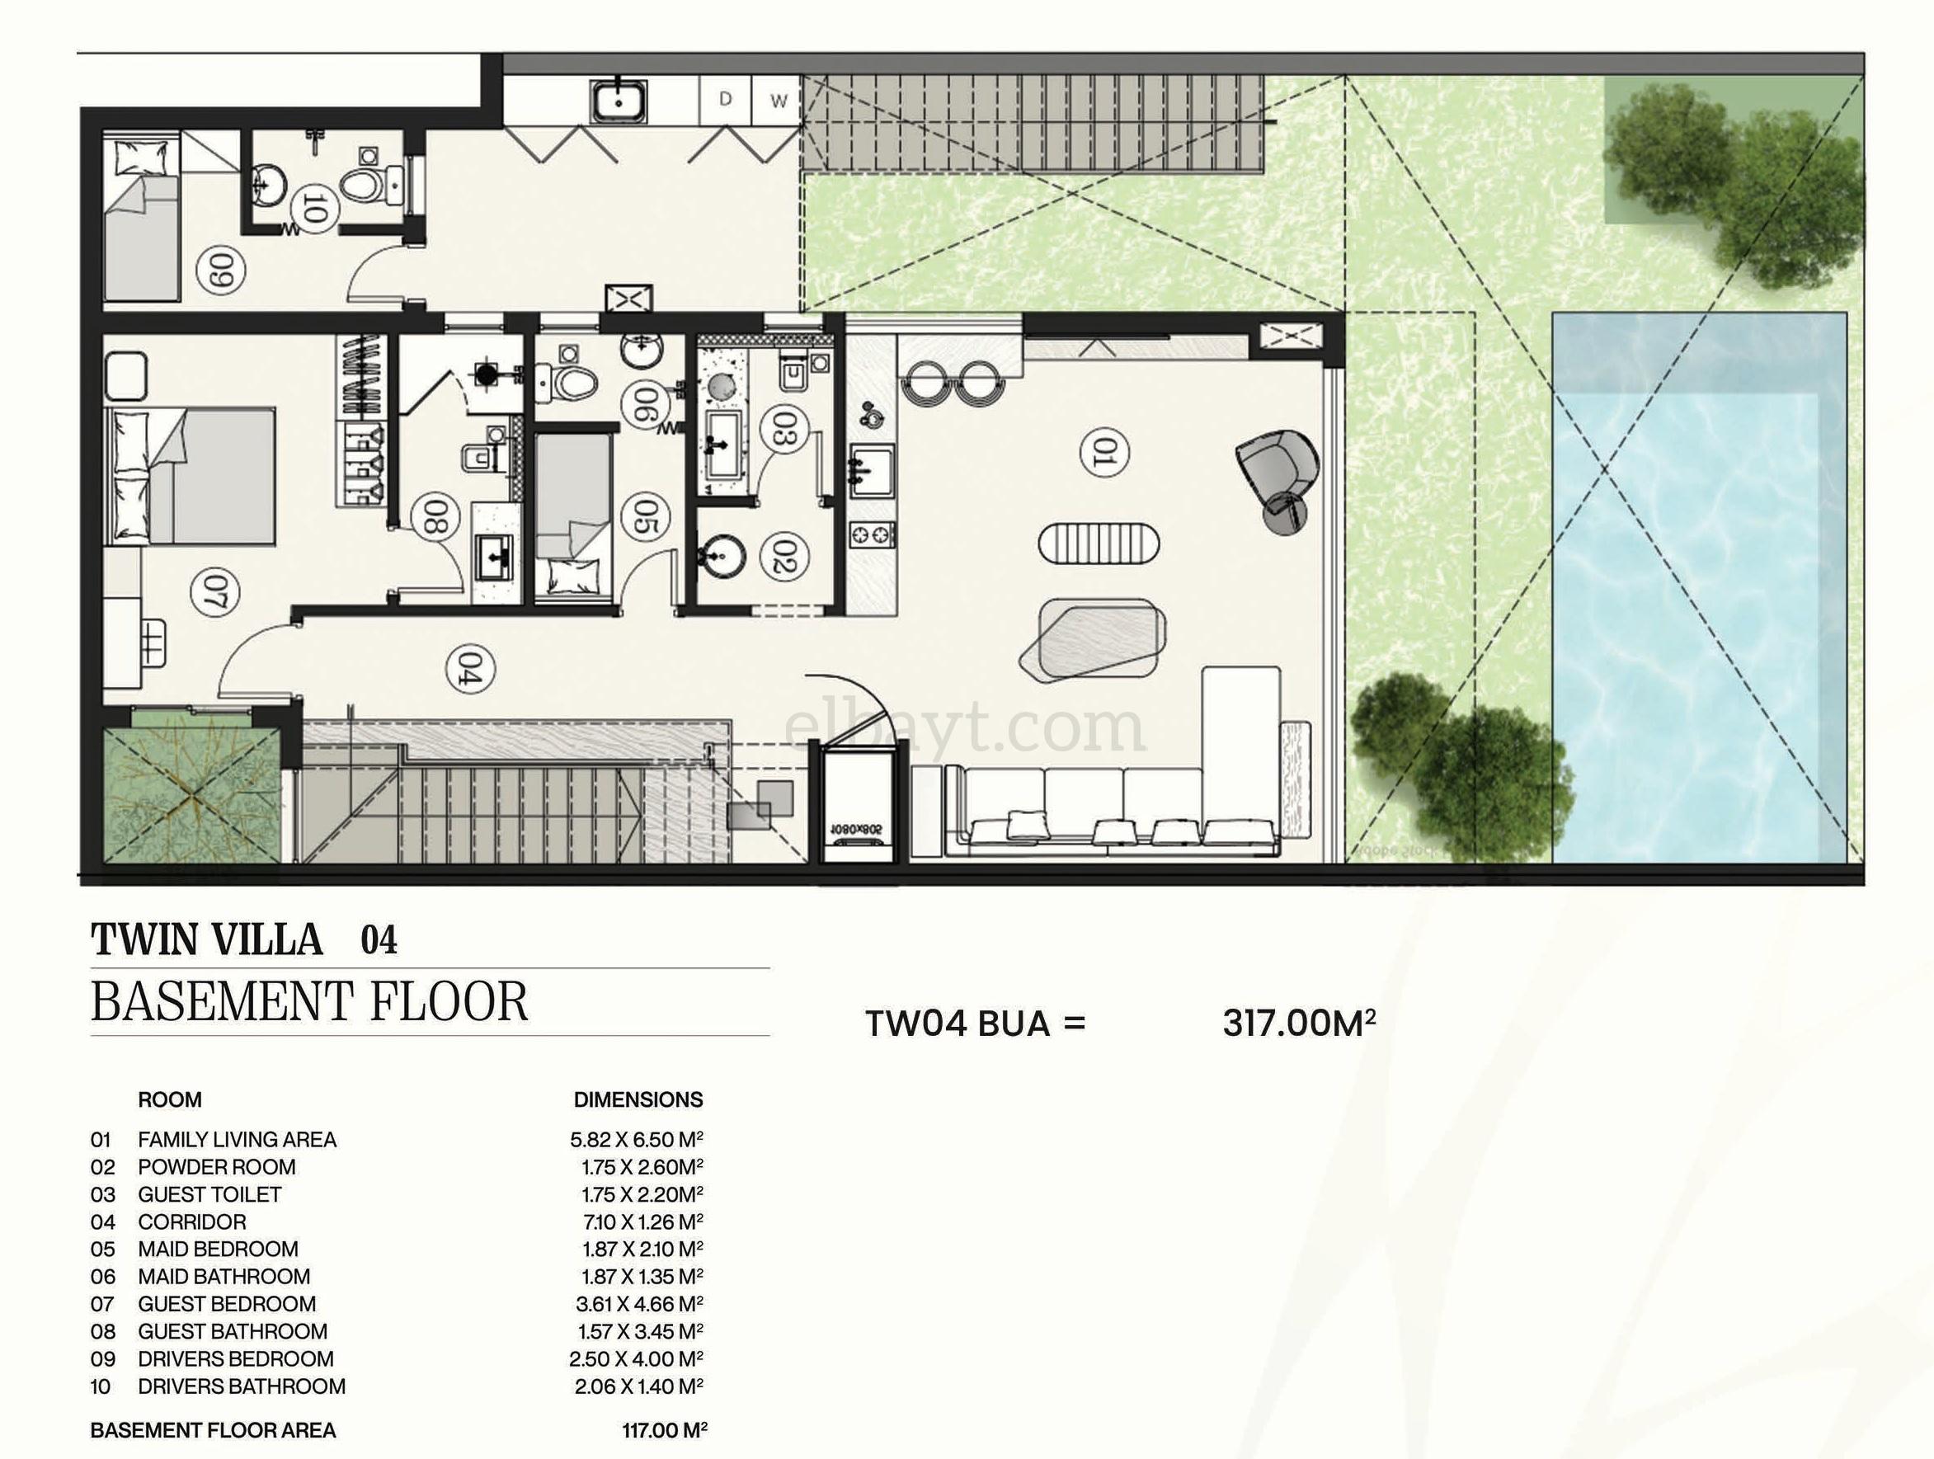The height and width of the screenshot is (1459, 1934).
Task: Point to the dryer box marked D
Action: point(725,101)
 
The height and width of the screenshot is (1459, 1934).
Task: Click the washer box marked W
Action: point(777,101)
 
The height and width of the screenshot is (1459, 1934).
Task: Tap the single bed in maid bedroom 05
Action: point(572,515)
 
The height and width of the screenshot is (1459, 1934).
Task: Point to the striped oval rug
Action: point(1099,545)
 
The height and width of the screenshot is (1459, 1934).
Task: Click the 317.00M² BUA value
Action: point(1299,1024)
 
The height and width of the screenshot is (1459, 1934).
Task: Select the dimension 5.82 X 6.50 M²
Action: point(637,1140)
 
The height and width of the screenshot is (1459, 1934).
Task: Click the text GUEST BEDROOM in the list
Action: point(227,1304)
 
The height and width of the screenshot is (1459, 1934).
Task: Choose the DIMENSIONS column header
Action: point(638,1099)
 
